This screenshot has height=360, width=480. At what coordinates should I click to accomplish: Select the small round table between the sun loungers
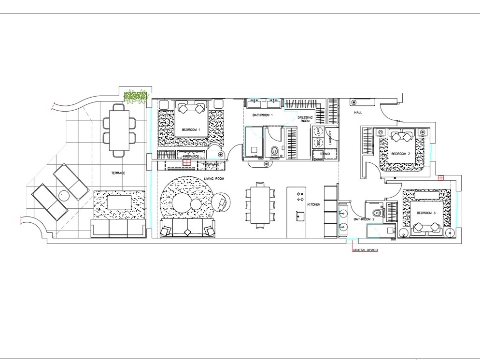coord(64,196)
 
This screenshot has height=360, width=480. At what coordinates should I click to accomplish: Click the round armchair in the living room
coord(222,202)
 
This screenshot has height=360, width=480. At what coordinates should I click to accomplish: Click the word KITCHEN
coord(314,205)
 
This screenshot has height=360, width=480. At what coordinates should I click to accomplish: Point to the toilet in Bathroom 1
coord(275,151)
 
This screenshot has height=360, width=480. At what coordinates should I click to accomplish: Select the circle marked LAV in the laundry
coord(319,132)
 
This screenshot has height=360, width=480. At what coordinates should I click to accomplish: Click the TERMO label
coord(325,154)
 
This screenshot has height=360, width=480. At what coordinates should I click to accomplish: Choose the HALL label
coord(358,112)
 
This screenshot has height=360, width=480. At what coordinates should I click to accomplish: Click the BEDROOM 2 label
coord(400,154)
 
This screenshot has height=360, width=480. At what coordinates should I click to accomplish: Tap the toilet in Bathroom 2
coord(378,212)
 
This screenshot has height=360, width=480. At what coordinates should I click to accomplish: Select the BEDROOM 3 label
coord(424,213)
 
